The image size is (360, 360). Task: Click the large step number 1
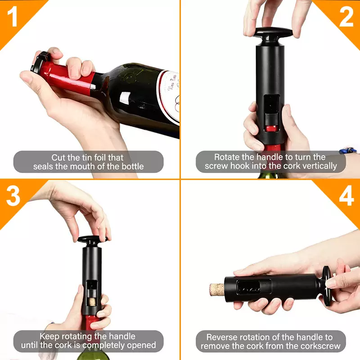point(12,16)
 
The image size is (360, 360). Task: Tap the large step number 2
point(346,16)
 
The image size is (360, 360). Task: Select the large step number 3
point(13,196)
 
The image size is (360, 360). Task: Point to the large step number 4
point(346,196)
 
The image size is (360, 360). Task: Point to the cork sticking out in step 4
point(217,290)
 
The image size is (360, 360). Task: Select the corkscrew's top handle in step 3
point(92,240)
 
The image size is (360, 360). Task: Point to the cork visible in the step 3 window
point(92,301)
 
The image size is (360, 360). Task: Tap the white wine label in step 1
point(170,96)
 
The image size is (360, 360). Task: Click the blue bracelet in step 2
point(348,150)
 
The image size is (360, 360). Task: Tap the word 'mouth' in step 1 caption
point(83,166)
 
